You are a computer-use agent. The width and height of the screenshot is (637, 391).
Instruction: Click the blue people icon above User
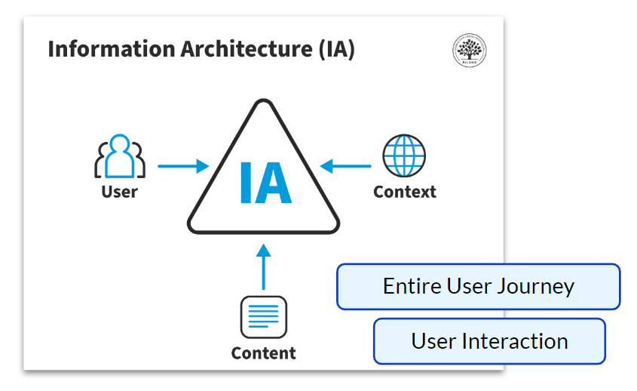point(120,156)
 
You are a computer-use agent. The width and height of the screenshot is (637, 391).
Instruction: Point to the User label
point(120,192)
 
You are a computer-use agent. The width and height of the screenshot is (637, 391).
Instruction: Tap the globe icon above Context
point(404,156)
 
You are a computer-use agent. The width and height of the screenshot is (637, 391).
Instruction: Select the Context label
point(405,192)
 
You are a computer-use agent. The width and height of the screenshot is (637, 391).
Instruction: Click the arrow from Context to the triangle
point(346,166)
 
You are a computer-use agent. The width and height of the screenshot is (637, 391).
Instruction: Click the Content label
point(263,353)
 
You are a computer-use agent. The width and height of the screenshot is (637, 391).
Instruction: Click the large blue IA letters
point(265,182)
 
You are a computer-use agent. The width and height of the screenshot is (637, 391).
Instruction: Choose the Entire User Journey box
point(478,287)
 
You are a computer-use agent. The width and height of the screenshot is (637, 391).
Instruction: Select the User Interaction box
point(489,341)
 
